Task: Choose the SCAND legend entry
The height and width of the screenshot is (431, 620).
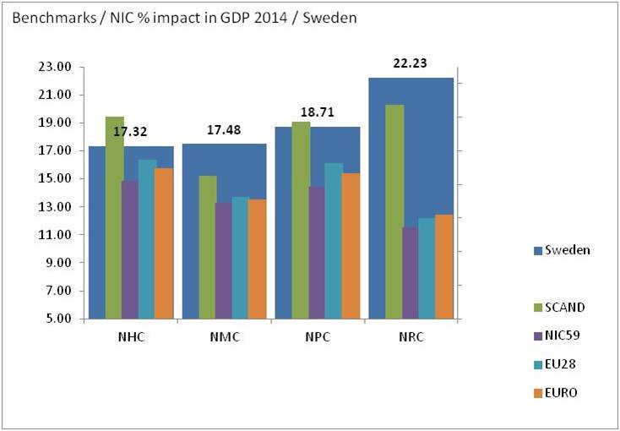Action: coord(565,307)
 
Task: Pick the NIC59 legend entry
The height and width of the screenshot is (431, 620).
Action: coord(565,335)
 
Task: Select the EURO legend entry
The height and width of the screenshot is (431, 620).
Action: coord(563,392)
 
